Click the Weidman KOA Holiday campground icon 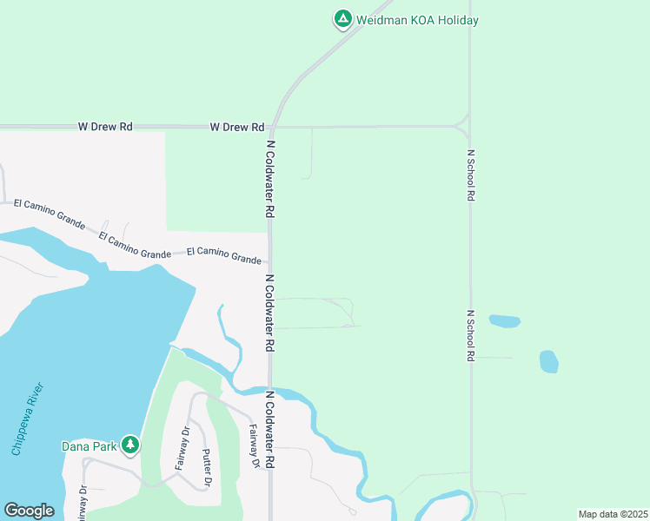pos(343,18)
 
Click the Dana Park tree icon pos(130,445)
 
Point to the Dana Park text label pos(89,446)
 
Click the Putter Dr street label pos(208,467)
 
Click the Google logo pos(30,511)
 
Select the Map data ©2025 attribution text pos(612,514)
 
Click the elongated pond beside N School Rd pos(505,321)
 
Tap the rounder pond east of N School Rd pos(548,361)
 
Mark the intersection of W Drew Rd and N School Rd pos(469,127)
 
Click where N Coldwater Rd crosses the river pos(271,389)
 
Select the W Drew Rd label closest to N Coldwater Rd pos(236,127)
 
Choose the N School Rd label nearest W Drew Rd pos(470,175)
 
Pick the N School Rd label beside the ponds pos(470,335)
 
